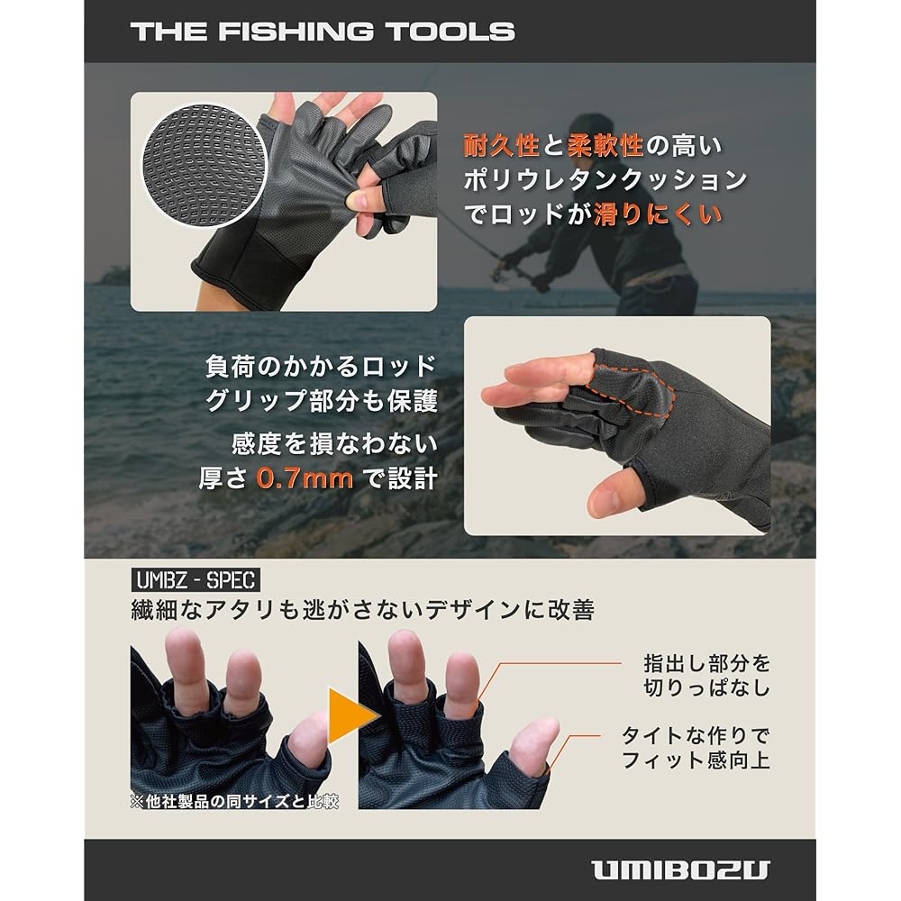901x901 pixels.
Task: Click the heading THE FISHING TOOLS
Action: [323, 31]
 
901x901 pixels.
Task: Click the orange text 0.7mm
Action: [305, 478]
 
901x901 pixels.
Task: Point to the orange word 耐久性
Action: [501, 145]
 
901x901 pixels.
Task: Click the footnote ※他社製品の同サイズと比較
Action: [234, 800]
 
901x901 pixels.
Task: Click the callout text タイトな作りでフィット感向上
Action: [696, 747]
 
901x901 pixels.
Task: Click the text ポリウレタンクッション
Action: [605, 180]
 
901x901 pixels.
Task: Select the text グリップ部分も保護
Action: [322, 401]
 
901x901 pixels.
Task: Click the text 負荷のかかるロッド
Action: [321, 367]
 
